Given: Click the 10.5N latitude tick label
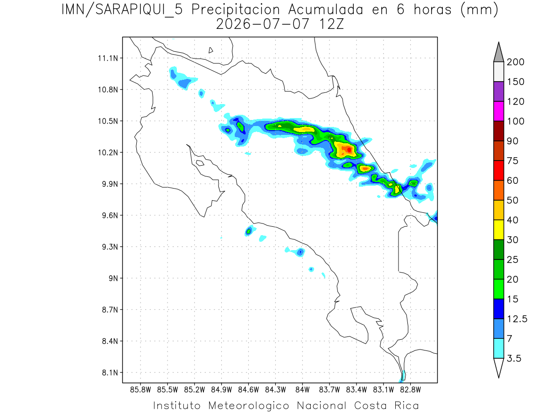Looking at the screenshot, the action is pyautogui.click(x=108, y=121).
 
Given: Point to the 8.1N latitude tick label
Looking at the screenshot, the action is pyautogui.click(x=110, y=373).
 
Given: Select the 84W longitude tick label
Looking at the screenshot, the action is pyautogui.click(x=302, y=390).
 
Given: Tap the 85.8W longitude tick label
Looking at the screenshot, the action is pyautogui.click(x=140, y=390).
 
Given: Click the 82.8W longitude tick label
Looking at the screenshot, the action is pyautogui.click(x=410, y=390).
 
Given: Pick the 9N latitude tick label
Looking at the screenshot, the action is pyautogui.click(x=113, y=278).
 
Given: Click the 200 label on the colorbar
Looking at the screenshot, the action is pyautogui.click(x=515, y=62).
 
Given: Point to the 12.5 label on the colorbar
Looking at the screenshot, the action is pyautogui.click(x=517, y=319).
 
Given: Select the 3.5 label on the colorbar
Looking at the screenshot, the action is pyautogui.click(x=514, y=358).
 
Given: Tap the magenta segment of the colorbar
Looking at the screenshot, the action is pyautogui.click(x=498, y=111).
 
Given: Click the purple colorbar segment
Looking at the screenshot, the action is pyautogui.click(x=498, y=91).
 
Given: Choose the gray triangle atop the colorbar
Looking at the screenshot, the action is pyautogui.click(x=498, y=53).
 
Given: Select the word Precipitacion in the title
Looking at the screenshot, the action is pyautogui.click(x=236, y=10).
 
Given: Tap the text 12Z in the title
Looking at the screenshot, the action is pyautogui.click(x=331, y=24).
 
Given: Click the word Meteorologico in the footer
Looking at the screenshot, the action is pyautogui.click(x=249, y=406).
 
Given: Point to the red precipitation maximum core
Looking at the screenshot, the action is pyautogui.click(x=349, y=150).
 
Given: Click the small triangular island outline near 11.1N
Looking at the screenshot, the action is pyautogui.click(x=210, y=50).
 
